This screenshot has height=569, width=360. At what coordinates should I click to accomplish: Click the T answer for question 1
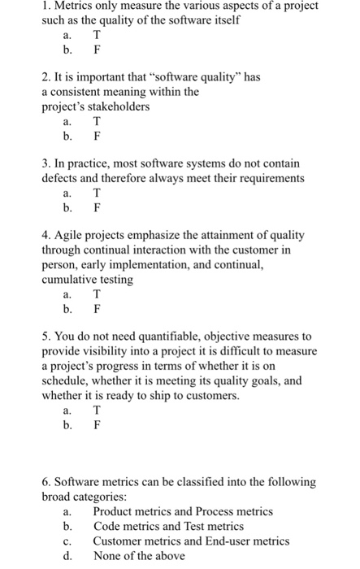[x=97, y=35]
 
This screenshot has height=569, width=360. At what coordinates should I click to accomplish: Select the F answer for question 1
[x=97, y=49]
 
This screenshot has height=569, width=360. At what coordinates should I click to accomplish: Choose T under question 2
[x=97, y=122]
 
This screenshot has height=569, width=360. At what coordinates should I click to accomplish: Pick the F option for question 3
[x=97, y=207]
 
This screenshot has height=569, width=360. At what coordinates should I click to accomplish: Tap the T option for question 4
[x=97, y=294]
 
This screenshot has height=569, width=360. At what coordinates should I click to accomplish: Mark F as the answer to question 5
[x=97, y=424]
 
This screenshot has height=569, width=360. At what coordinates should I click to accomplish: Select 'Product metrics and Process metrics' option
[x=183, y=511]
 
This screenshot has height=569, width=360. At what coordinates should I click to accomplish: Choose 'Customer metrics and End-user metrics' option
[x=191, y=541]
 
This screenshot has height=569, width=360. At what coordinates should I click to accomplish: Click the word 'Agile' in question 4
[x=72, y=235]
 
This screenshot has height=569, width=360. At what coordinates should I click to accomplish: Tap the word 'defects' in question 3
[x=62, y=178]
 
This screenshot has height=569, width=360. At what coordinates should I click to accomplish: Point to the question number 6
[x=46, y=482]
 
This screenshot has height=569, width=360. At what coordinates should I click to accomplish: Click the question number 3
[x=46, y=163]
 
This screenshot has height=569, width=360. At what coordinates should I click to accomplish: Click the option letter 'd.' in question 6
[x=68, y=555]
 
